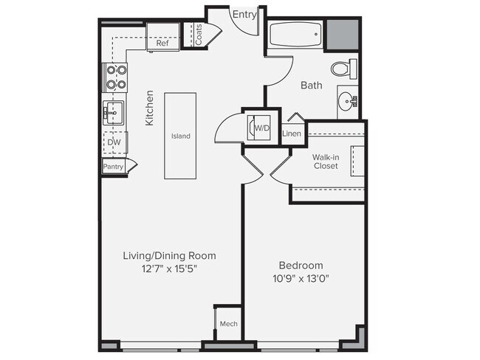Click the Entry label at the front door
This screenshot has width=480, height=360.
tap(244, 14)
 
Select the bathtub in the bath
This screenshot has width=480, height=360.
tap(295, 35)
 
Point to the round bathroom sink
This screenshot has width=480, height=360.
tap(347, 100)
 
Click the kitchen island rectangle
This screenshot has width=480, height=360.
tap(180, 136)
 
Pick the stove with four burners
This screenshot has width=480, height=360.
tap(114, 77)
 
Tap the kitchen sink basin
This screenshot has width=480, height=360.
tap(113, 113)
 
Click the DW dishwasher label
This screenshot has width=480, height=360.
tap(114, 142)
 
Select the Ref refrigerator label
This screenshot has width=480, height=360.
tap(162, 43)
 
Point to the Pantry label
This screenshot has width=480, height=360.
tap(113, 167)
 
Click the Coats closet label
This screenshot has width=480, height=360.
tap(199, 35)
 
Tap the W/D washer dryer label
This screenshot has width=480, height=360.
tap(262, 128)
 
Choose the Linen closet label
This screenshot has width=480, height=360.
tap(292, 134)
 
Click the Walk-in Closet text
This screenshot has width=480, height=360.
tap(326, 162)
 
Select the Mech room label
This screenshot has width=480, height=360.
tap(229, 324)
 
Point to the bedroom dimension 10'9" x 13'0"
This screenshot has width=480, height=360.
tap(301, 279)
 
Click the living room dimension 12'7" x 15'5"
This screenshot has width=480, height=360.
tap(169, 269)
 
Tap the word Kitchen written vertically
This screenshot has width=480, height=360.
tap(149, 108)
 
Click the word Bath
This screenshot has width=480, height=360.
tap(312, 85)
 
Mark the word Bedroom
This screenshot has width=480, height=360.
tap(301, 265)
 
